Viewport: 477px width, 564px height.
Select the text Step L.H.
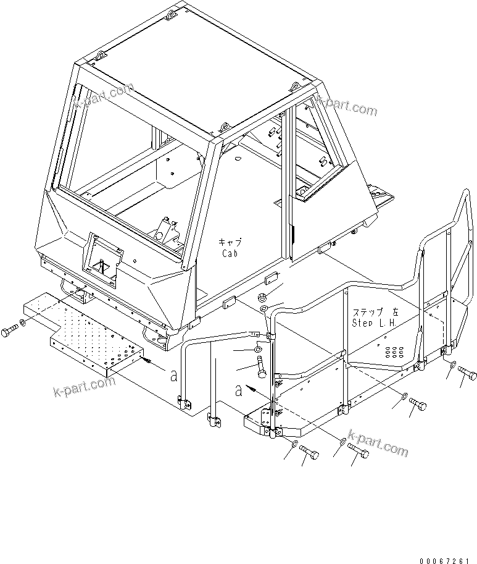tap(374, 322)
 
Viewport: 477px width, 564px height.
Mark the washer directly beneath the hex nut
tap(263, 308)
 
